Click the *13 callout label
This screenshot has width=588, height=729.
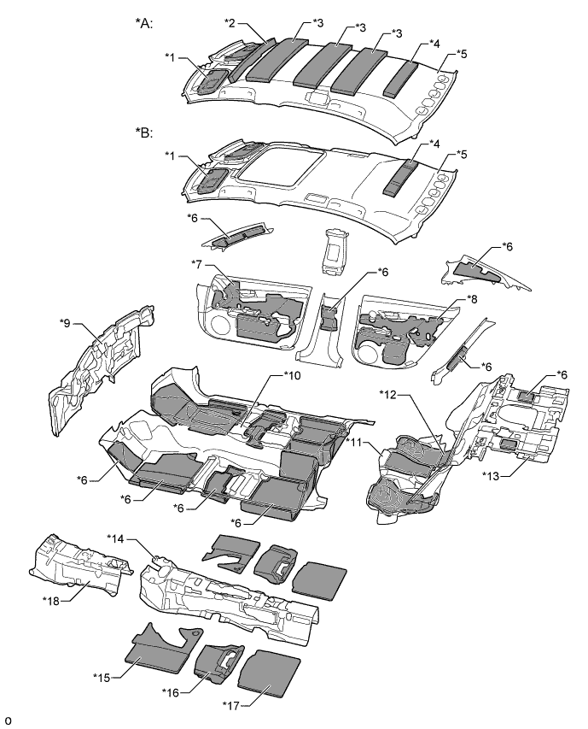click(x=492, y=475)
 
